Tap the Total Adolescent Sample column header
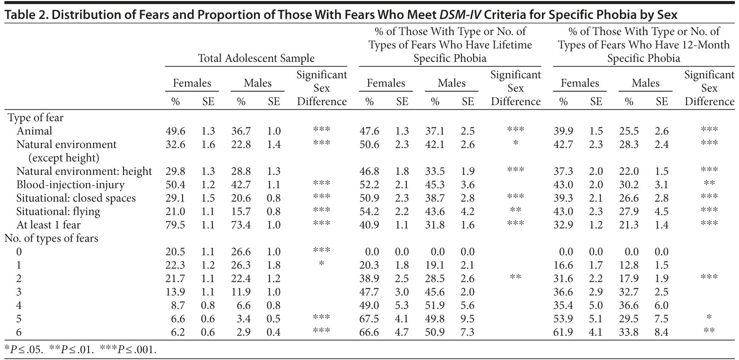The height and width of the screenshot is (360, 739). (x=256, y=58)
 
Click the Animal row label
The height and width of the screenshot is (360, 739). (x=34, y=131)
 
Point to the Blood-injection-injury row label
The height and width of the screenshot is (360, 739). (x=70, y=185)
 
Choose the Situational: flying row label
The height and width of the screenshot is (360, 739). (x=58, y=212)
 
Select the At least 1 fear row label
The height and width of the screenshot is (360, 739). (x=49, y=225)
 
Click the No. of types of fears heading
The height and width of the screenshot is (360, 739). (x=51, y=238)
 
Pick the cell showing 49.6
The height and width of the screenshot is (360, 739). (x=175, y=131)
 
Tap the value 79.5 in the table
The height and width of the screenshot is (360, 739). (x=175, y=225)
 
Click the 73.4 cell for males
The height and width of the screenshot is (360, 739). (x=241, y=225)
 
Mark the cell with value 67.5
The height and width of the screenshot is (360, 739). (x=369, y=319)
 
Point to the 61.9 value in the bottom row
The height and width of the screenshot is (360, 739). (x=563, y=332)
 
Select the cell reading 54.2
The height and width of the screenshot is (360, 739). (x=369, y=212)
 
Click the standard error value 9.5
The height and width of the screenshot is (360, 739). (x=468, y=319)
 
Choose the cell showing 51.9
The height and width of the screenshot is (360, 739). (x=435, y=305)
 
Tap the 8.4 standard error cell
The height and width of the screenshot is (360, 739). (x=662, y=332)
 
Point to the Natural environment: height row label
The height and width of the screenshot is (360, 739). (x=84, y=172)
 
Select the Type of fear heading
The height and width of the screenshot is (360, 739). (x=35, y=118)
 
